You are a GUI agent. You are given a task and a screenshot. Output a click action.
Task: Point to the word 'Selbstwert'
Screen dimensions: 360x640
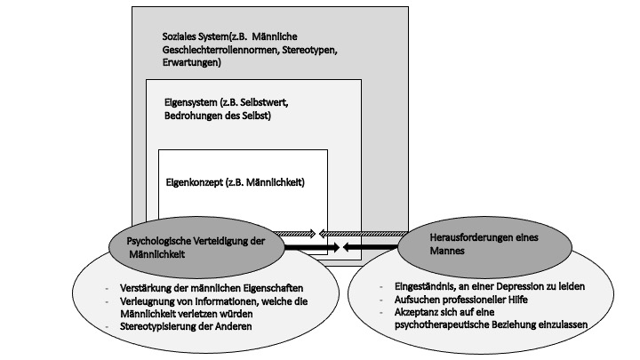[x=264, y=102]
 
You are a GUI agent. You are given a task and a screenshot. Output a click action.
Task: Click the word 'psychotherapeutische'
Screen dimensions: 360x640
[x=439, y=324]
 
